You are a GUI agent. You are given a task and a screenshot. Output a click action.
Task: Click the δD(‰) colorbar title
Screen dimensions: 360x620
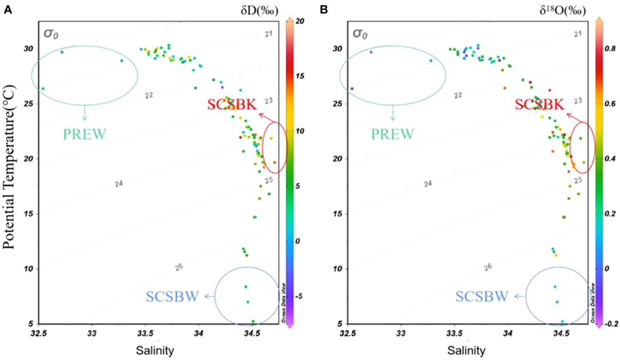[x=259, y=10]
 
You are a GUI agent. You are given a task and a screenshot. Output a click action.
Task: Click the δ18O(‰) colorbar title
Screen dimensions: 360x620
[x=562, y=10]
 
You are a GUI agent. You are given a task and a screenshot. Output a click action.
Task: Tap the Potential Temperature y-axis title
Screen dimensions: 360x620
[x=9, y=167]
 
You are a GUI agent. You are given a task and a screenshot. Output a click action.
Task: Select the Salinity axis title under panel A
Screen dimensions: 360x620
[x=155, y=350]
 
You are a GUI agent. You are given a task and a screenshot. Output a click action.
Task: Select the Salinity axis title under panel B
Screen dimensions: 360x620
[x=466, y=350]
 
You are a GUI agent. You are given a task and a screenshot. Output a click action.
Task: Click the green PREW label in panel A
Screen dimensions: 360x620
[x=84, y=134]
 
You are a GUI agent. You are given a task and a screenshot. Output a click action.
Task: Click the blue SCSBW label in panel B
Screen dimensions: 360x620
[x=482, y=297]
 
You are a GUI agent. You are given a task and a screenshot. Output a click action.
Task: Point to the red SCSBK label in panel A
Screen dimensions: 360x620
[x=232, y=105]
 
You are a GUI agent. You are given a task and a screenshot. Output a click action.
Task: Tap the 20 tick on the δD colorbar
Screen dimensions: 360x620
[x=299, y=21]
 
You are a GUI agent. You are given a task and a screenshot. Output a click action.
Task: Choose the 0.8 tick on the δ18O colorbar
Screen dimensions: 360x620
[x=610, y=48]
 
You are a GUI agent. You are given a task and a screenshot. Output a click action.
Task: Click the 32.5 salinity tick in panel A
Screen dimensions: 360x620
[x=39, y=333]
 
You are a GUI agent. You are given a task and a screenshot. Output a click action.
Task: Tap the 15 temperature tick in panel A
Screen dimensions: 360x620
[x=28, y=213]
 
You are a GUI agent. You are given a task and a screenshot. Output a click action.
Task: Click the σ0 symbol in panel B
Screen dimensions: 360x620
[x=360, y=33]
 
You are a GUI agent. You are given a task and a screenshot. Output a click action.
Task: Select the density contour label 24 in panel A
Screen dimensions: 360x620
[x=119, y=184]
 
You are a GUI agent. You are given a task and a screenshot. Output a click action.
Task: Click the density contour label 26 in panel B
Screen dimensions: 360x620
[x=488, y=267]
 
